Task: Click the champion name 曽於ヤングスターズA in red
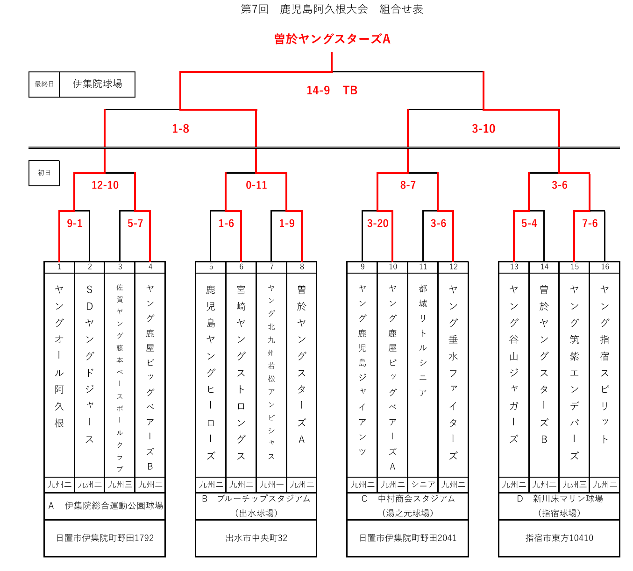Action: (332, 39)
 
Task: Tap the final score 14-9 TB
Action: (332, 91)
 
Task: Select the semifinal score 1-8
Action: (180, 129)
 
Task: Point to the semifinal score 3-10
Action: (484, 129)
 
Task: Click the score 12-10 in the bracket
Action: (105, 185)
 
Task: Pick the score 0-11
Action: (256, 185)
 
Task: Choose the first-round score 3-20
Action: (377, 224)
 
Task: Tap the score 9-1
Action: (75, 224)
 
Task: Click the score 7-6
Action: (590, 224)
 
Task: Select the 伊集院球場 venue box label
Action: (97, 84)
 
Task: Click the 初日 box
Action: (44, 173)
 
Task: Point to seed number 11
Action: (423, 267)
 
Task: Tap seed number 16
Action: (605, 267)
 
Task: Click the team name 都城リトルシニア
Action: (423, 341)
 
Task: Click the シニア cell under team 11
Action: (423, 485)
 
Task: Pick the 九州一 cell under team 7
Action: (271, 485)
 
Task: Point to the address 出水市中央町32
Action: (256, 538)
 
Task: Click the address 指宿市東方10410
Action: (559, 538)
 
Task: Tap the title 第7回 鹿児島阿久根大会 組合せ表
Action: (332, 9)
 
